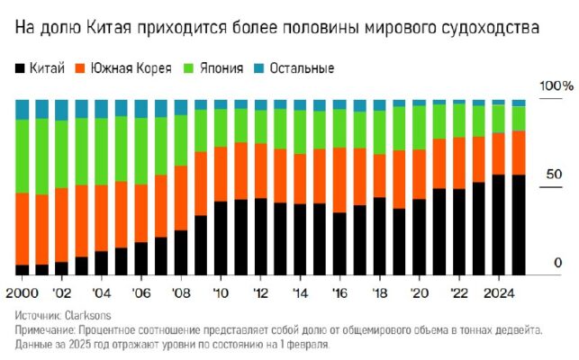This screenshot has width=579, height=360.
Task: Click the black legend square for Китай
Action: tap(20, 68)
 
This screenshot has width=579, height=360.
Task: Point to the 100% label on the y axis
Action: tap(555, 85)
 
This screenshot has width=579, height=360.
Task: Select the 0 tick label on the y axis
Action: tap(557, 262)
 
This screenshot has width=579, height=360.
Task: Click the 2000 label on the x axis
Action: tap(22, 292)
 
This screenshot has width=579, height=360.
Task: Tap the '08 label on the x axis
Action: tap(181, 292)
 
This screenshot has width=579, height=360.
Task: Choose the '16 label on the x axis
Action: tap(339, 292)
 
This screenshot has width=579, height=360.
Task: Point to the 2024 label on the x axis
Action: tap(498, 292)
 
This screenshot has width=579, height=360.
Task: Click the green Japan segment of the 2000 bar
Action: tap(23, 155)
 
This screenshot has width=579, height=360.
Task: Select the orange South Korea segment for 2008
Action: tap(181, 198)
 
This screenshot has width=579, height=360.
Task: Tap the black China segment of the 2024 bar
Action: tap(499, 225)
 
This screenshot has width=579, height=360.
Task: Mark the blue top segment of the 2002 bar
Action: tap(62, 110)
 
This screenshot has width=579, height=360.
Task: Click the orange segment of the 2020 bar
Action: tap(419, 174)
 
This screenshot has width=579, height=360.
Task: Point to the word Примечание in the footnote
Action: tap(45, 330)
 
